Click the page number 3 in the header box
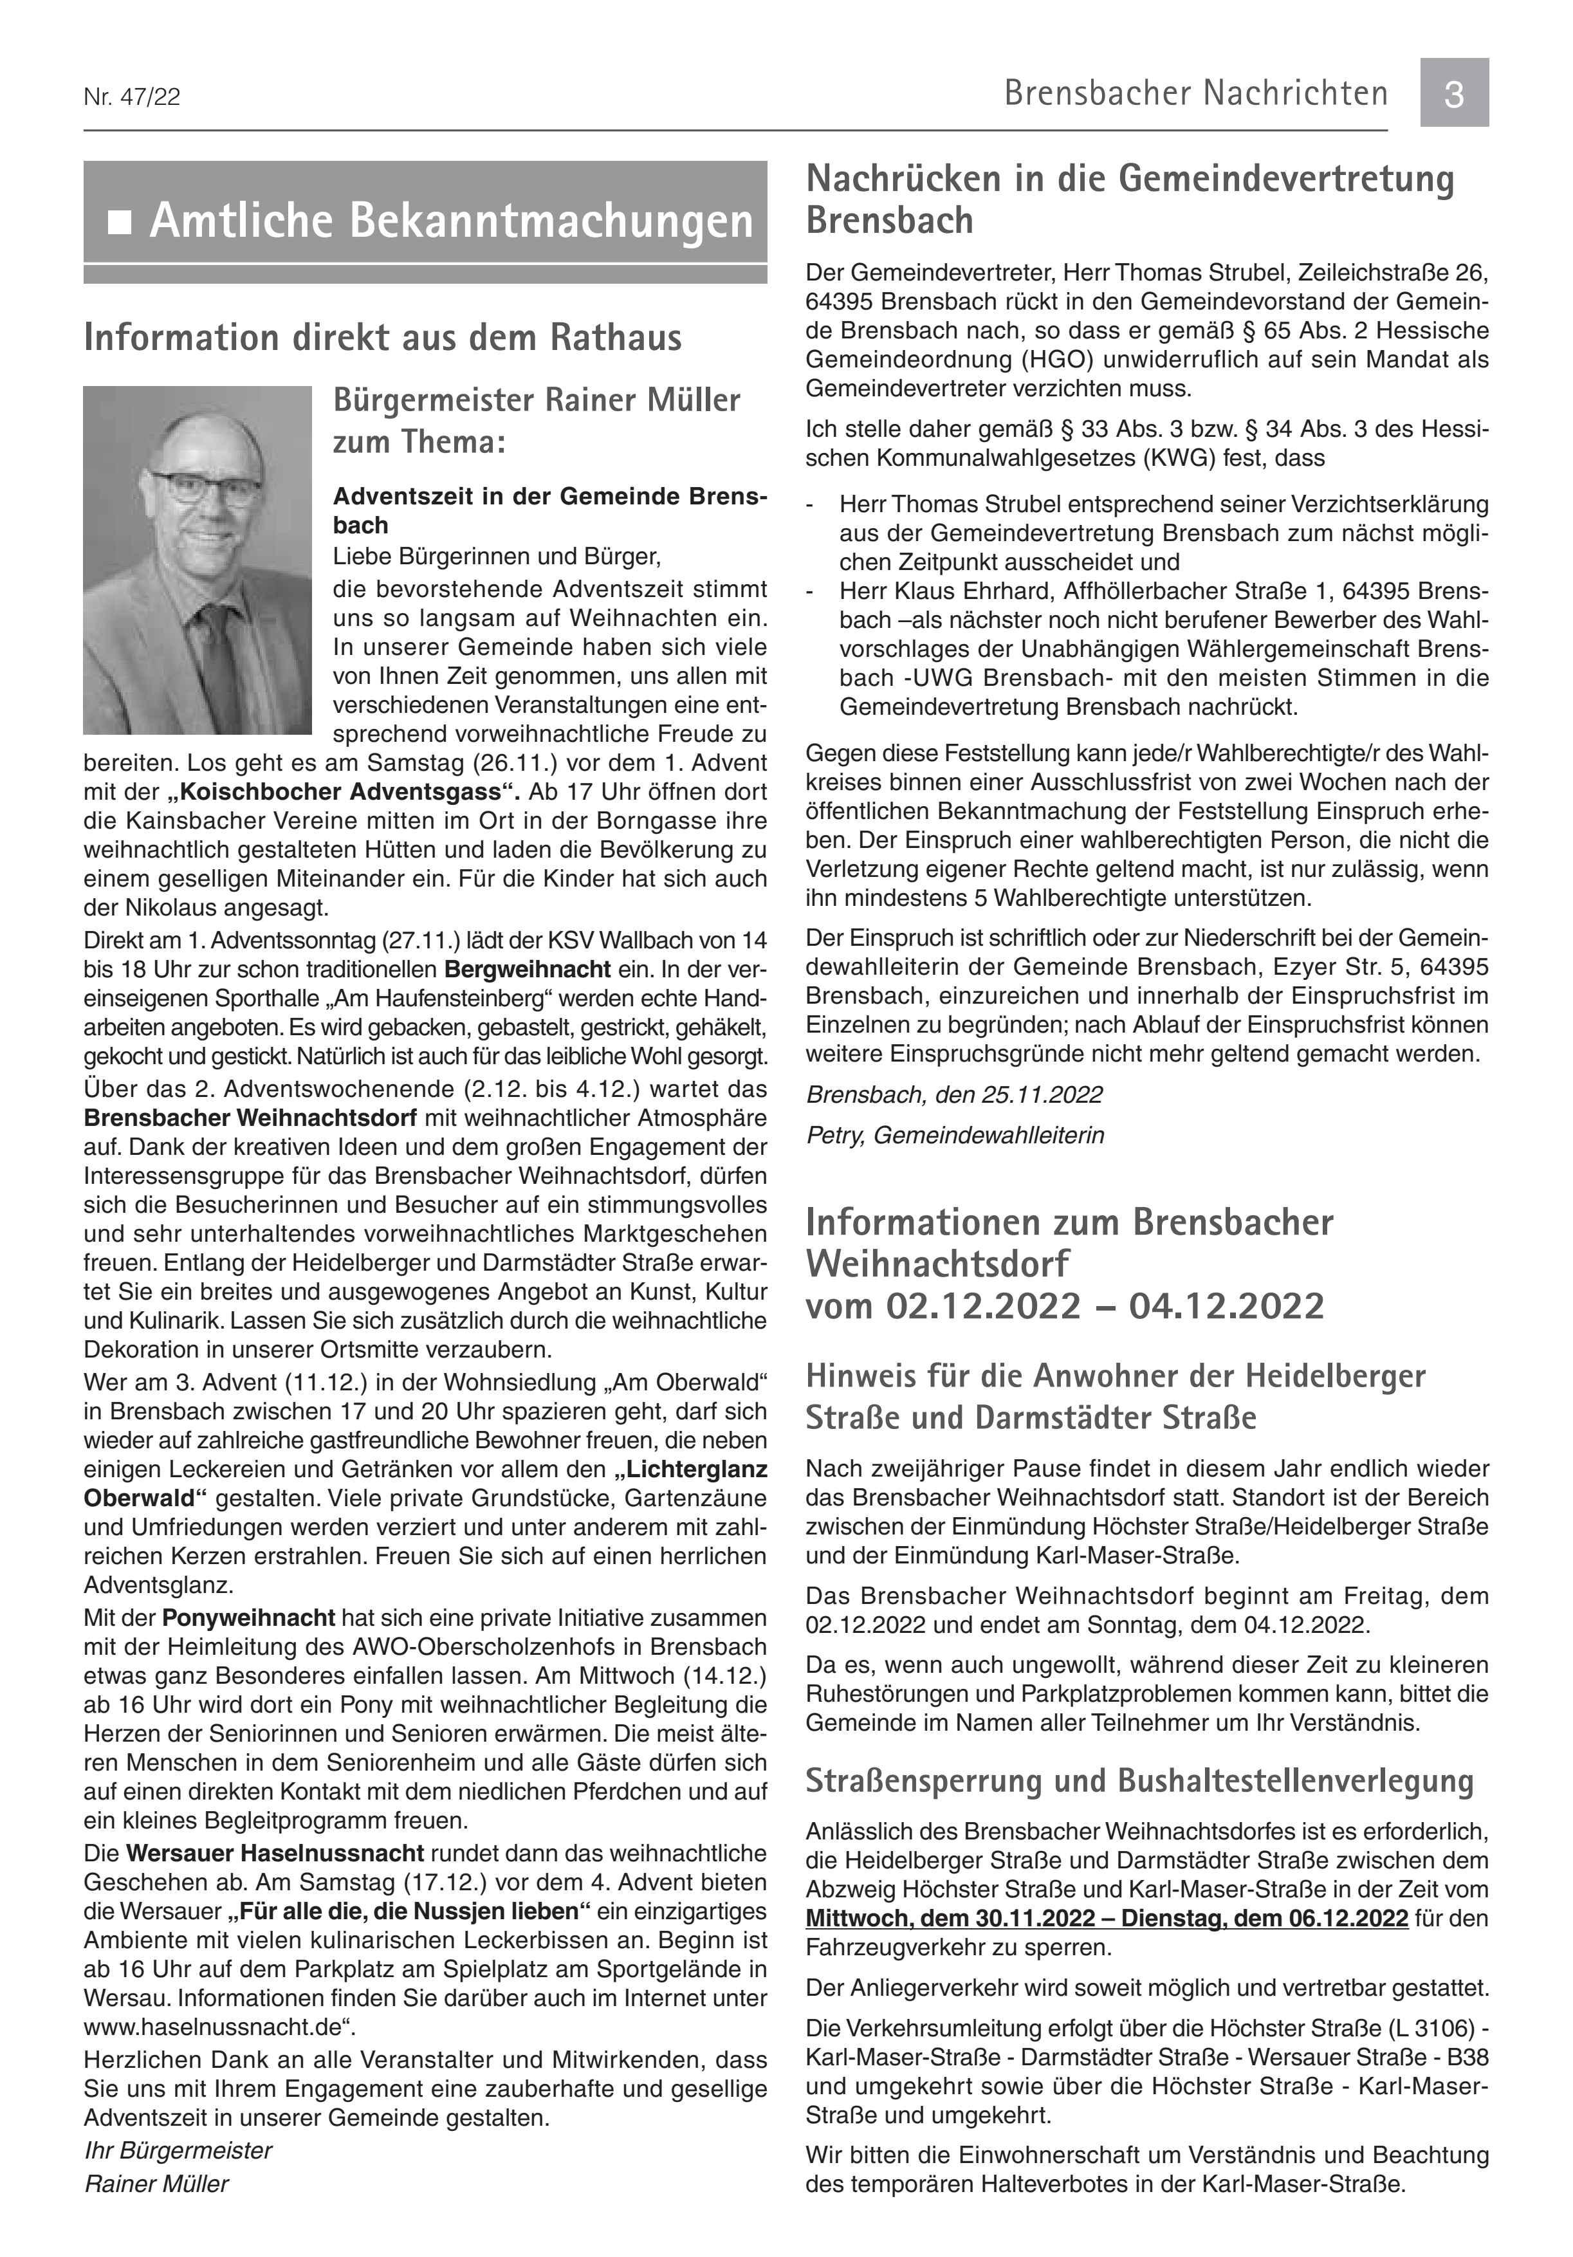coord(1453,93)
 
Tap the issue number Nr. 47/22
coord(132,97)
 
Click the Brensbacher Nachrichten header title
coord(1195,93)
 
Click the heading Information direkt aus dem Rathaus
coord(382,337)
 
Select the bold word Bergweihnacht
coord(527,969)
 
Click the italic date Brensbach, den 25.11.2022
coord(953,1094)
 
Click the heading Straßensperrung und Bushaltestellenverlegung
coord(1139,1780)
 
